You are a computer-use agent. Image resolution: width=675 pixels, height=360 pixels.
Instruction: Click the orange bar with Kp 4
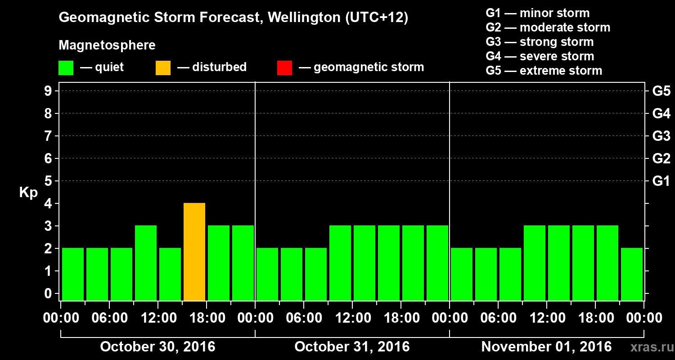pyautogui.click(x=194, y=252)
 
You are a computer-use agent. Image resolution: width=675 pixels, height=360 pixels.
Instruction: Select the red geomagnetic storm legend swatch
pyautogui.click(x=284, y=67)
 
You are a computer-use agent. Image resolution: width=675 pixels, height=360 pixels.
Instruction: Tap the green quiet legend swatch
pyautogui.click(x=66, y=67)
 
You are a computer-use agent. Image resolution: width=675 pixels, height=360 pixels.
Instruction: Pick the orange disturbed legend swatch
pyautogui.click(x=163, y=67)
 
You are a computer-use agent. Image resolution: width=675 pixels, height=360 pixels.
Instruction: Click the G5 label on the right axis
pyautogui.click(x=661, y=91)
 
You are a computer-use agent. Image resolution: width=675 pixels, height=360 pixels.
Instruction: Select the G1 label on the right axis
pyautogui.click(x=661, y=181)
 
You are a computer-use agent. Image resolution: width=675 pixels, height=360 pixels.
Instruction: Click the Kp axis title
pyautogui.click(x=28, y=192)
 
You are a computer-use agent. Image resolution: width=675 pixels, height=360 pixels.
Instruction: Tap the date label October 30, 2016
pyautogui.click(x=157, y=347)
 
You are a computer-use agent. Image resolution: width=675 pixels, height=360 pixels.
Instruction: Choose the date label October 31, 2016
pyautogui.click(x=352, y=347)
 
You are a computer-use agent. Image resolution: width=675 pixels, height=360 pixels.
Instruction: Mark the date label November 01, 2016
pyautogui.click(x=546, y=347)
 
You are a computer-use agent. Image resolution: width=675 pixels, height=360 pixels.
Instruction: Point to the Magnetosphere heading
pyautogui.click(x=107, y=45)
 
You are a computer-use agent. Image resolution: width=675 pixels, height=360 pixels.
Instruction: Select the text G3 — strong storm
pyautogui.click(x=540, y=42)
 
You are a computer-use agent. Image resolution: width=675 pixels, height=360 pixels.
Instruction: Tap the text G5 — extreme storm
pyautogui.click(x=544, y=71)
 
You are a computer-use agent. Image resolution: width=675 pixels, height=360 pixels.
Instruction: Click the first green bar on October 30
pyautogui.click(x=73, y=274)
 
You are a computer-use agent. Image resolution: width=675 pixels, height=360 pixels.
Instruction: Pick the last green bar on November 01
pyautogui.click(x=632, y=274)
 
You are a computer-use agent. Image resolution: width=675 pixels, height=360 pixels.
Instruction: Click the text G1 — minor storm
pyautogui.click(x=537, y=13)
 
